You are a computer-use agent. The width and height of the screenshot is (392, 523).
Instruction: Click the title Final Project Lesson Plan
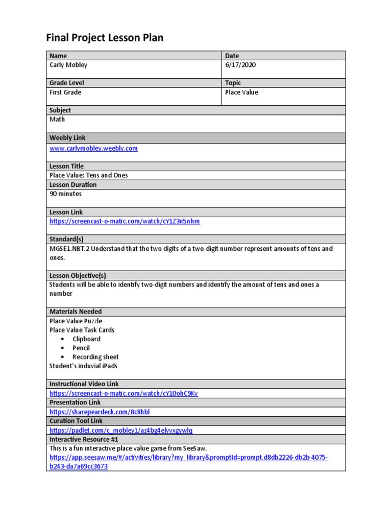pyautogui.click(x=105, y=38)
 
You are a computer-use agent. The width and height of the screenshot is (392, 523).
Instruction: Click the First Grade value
pyautogui.click(x=65, y=92)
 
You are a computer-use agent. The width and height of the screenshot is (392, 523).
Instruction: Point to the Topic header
pyautogui.click(x=233, y=83)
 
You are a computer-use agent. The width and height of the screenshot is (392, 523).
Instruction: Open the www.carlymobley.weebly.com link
pyautogui.click(x=93, y=148)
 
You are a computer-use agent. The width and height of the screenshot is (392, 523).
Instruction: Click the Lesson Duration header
pyautogui.click(x=73, y=184)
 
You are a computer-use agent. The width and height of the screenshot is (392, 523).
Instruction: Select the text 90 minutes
pyautogui.click(x=65, y=194)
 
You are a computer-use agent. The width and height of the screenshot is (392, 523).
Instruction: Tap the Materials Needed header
pyautogui.click(x=76, y=311)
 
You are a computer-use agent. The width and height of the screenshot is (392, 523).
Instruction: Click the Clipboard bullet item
pyautogui.click(x=86, y=339)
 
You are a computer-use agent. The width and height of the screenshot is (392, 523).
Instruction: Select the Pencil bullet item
pyautogui.click(x=81, y=348)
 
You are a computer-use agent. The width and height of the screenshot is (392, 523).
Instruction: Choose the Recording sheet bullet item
pyautogui.click(x=95, y=357)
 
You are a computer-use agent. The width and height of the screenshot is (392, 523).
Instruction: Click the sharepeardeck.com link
pyautogui.click(x=100, y=412)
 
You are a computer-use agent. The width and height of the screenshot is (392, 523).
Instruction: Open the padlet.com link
pyautogui.click(x=121, y=430)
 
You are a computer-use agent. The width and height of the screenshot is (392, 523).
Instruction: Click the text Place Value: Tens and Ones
pyautogui.click(x=89, y=175)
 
